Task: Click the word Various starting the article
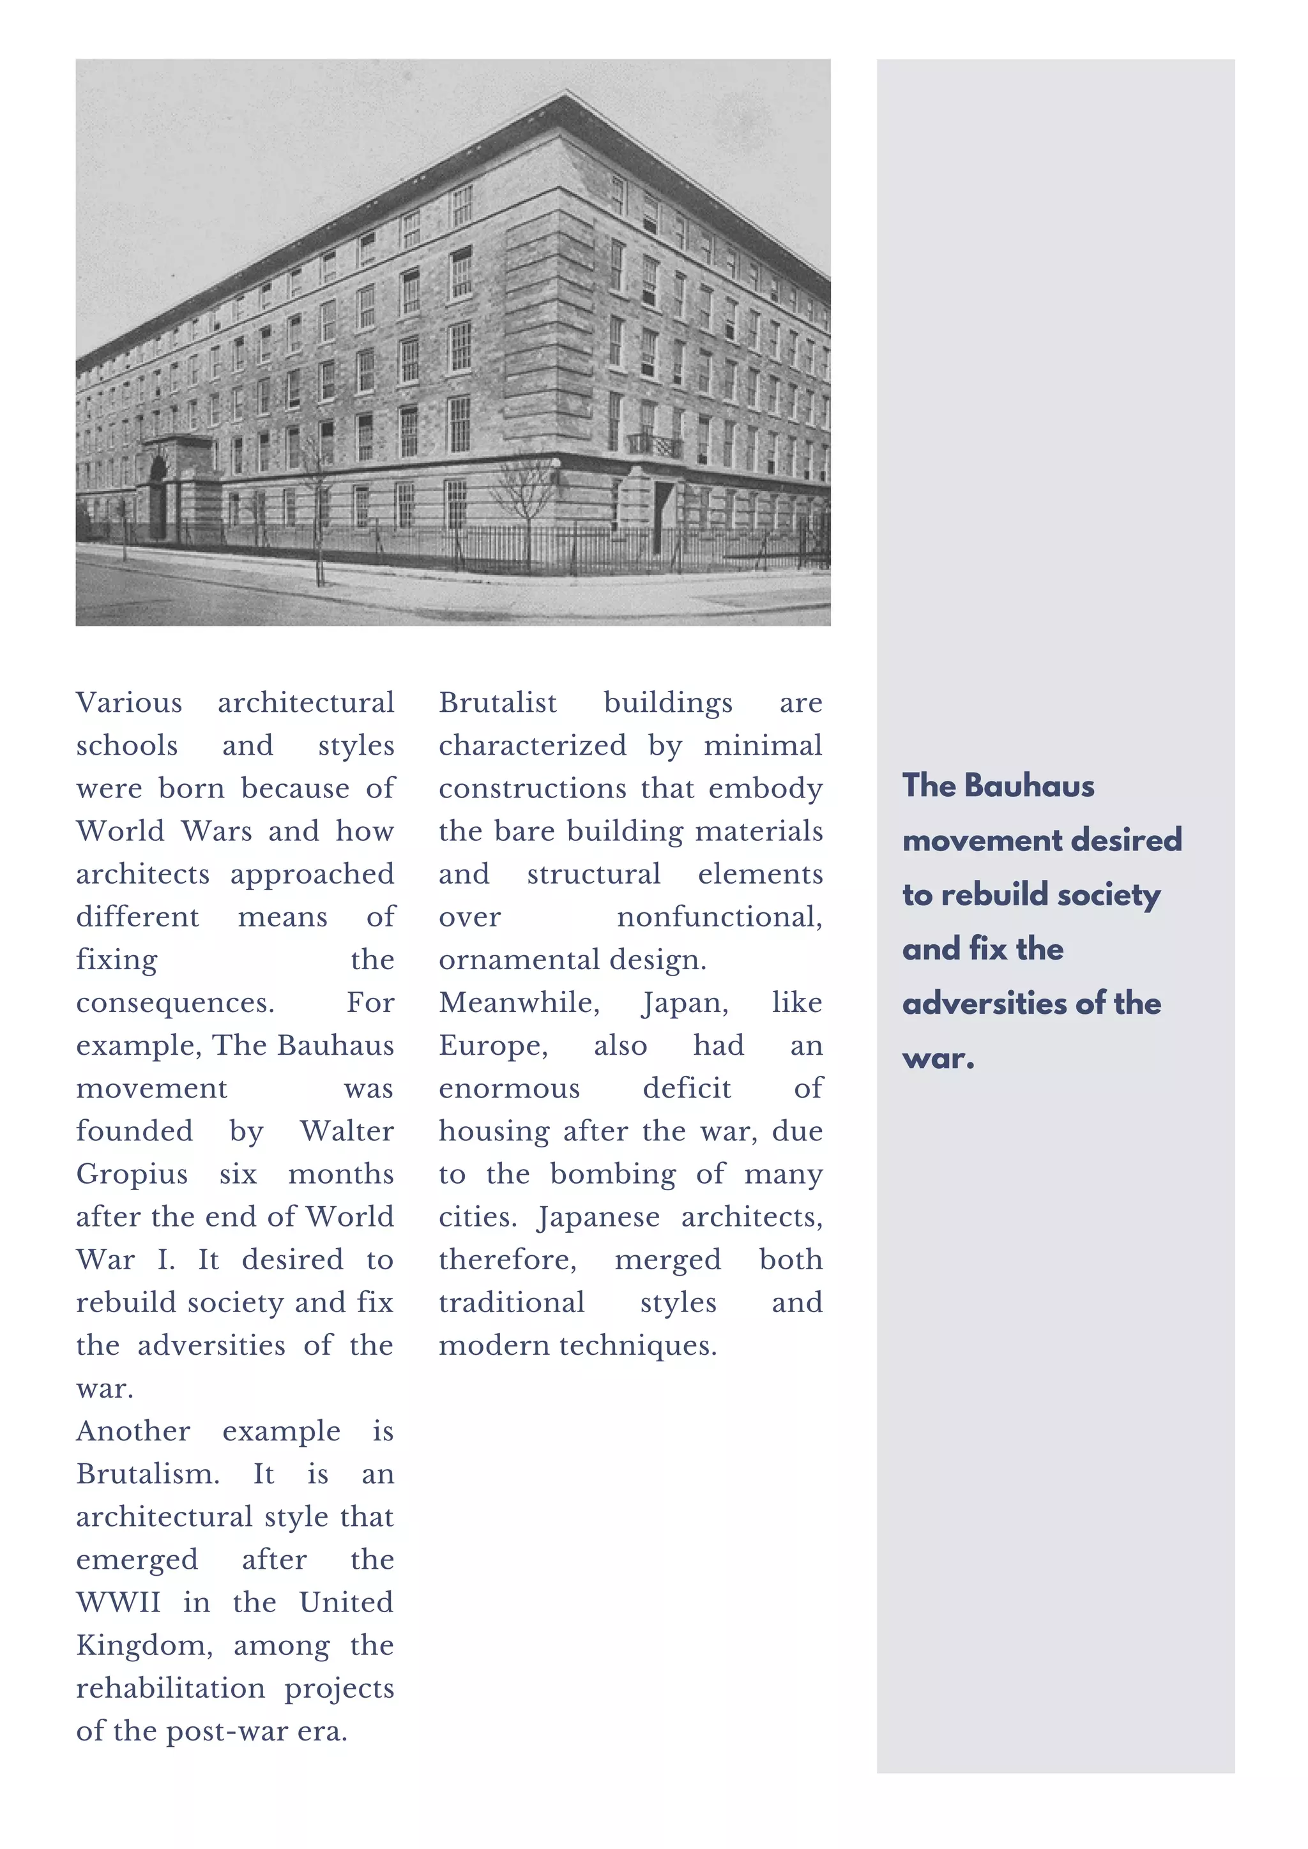point(129,703)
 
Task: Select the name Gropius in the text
point(132,1174)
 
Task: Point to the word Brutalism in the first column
point(148,1474)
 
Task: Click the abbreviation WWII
point(118,1603)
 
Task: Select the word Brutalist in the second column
point(498,703)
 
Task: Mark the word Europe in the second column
point(493,1045)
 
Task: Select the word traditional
point(512,1302)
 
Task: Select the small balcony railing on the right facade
point(654,444)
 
